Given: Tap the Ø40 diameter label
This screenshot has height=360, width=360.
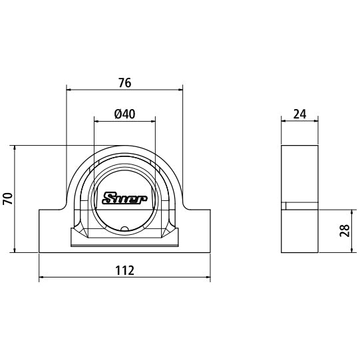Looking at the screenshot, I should point(124,114).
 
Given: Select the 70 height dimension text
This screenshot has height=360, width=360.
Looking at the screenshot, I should point(7,199).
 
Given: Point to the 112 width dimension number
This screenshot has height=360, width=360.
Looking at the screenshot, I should point(124,270).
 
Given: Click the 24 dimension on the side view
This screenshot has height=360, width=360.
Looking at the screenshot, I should point(299,114).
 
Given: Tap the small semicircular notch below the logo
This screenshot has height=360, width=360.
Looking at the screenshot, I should point(125,230).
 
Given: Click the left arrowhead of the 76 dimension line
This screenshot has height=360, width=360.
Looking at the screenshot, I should point(70,89).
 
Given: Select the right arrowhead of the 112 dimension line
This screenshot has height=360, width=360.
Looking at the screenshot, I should point(207,277).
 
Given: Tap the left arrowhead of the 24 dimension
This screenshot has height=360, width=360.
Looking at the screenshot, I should point(284,120).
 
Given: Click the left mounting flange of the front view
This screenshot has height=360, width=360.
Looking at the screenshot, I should point(53,230).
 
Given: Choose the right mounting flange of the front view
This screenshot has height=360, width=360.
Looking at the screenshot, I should point(196,230).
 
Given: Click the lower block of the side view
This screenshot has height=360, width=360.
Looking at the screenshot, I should point(301,230).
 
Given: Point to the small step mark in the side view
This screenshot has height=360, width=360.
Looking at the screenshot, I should point(284,206).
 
